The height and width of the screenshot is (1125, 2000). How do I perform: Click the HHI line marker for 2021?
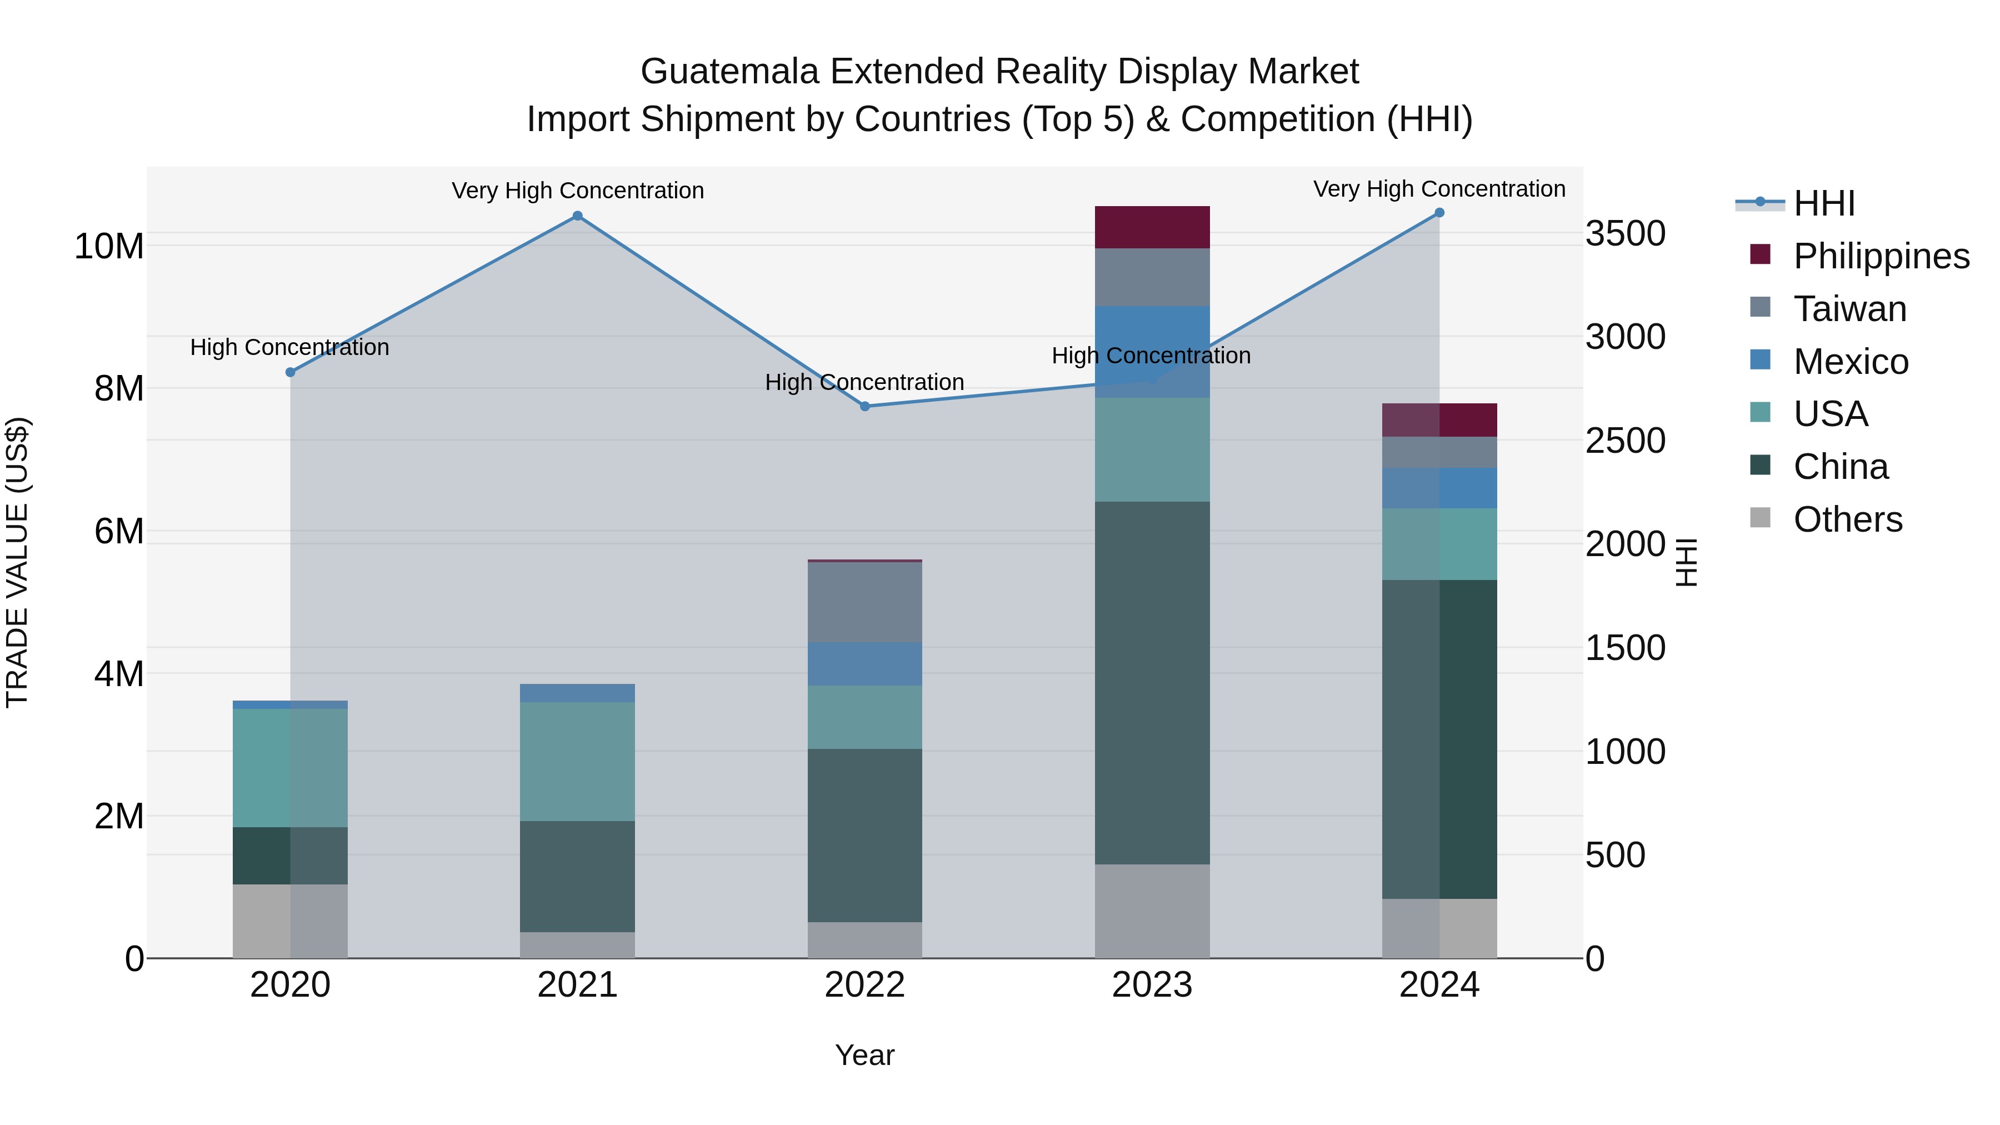pyautogui.click(x=577, y=216)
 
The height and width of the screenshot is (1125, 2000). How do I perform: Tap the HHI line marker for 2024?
pyautogui.click(x=1439, y=213)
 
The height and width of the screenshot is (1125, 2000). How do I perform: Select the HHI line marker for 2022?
pyautogui.click(x=865, y=406)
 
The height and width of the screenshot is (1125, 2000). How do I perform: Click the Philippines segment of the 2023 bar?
pyautogui.click(x=1152, y=227)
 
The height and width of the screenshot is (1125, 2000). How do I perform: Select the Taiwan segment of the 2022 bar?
pyautogui.click(x=865, y=602)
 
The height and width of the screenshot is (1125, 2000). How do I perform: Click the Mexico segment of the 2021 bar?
pyautogui.click(x=577, y=693)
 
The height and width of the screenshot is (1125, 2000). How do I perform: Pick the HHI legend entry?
pyautogui.click(x=1824, y=203)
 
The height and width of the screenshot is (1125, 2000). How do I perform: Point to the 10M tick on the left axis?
pyautogui.click(x=109, y=246)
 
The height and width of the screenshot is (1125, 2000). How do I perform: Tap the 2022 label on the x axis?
pyautogui.click(x=865, y=985)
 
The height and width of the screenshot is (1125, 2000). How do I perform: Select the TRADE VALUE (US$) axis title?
pyautogui.click(x=18, y=562)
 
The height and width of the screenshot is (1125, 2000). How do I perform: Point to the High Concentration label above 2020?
pyautogui.click(x=289, y=347)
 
